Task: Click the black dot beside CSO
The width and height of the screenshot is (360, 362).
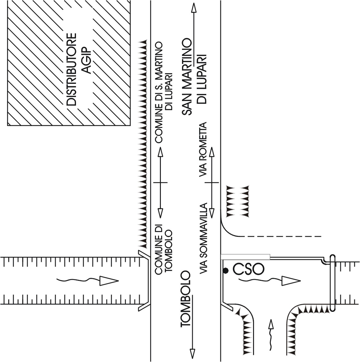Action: tap(226, 271)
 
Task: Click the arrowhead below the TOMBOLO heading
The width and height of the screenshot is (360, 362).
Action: tap(192, 353)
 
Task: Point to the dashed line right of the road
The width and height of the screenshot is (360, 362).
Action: tap(282, 237)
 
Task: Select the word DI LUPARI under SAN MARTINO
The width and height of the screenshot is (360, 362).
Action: tap(202, 80)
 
